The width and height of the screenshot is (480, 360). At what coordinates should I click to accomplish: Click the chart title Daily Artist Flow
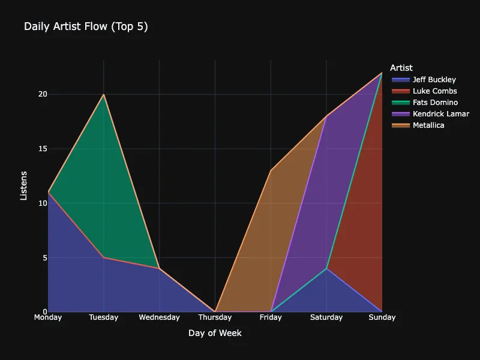point(86,26)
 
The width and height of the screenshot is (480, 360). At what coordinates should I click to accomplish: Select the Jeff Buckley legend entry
point(434,80)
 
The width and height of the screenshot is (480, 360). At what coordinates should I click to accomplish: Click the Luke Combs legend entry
point(434,91)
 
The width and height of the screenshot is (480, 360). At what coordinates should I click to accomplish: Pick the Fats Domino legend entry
point(435,103)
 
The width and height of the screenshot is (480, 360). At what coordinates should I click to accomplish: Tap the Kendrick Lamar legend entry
point(440,114)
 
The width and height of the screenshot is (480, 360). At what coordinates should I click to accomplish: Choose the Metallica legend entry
point(428,125)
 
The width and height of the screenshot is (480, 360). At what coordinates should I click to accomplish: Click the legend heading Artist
point(401,68)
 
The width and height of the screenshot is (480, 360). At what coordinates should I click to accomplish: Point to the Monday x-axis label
point(48,317)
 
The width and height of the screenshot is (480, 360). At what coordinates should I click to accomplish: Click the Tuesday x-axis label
point(104,317)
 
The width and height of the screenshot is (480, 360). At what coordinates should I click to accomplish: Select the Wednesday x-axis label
point(159,317)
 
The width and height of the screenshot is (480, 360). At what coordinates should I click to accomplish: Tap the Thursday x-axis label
point(215,317)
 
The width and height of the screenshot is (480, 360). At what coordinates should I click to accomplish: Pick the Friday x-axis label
point(271,317)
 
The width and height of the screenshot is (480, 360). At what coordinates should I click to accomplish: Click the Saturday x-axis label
point(326,317)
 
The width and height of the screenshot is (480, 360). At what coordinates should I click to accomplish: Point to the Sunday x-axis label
point(382,317)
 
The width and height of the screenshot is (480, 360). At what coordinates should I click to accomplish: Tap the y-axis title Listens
point(24,185)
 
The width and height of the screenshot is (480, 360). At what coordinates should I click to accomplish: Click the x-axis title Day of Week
point(215,333)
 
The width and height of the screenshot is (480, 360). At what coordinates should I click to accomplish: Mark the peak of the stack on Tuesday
point(104,94)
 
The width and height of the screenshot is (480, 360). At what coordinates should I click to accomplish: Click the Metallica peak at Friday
point(271,170)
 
